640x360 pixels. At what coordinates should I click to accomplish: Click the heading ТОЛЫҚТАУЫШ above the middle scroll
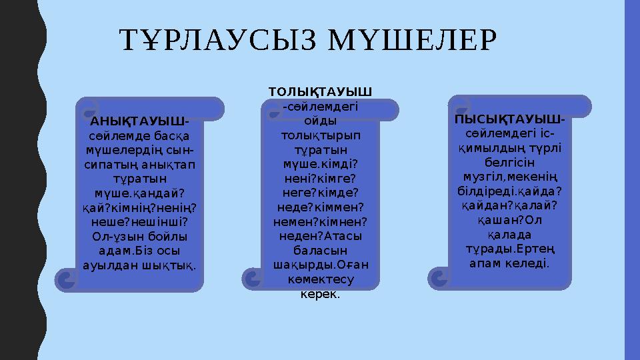coord(320,90)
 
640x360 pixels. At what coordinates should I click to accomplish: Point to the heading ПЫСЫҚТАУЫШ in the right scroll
coord(507,119)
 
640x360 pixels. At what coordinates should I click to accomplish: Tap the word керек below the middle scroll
coord(320,293)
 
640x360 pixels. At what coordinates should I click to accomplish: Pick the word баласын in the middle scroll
coord(320,250)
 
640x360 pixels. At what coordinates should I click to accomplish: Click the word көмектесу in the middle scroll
coord(320,279)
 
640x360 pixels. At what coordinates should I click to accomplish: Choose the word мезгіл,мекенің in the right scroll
coord(509,176)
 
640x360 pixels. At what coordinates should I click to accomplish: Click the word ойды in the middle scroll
coord(320,121)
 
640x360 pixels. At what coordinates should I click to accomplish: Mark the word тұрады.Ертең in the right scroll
coord(509,249)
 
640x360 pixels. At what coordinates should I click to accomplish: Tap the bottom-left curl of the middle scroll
coord(254,279)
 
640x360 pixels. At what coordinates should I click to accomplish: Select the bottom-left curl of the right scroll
coord(441,277)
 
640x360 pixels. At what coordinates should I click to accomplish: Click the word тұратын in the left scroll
coord(139,179)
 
